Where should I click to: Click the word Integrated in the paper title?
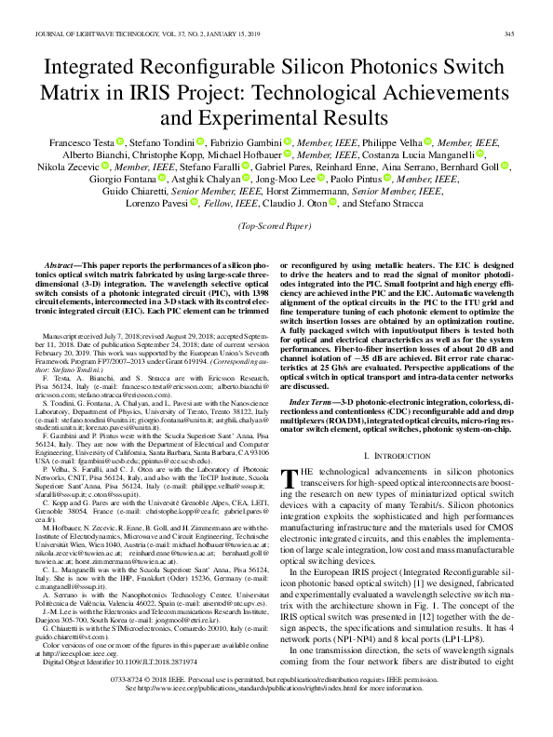94,71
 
